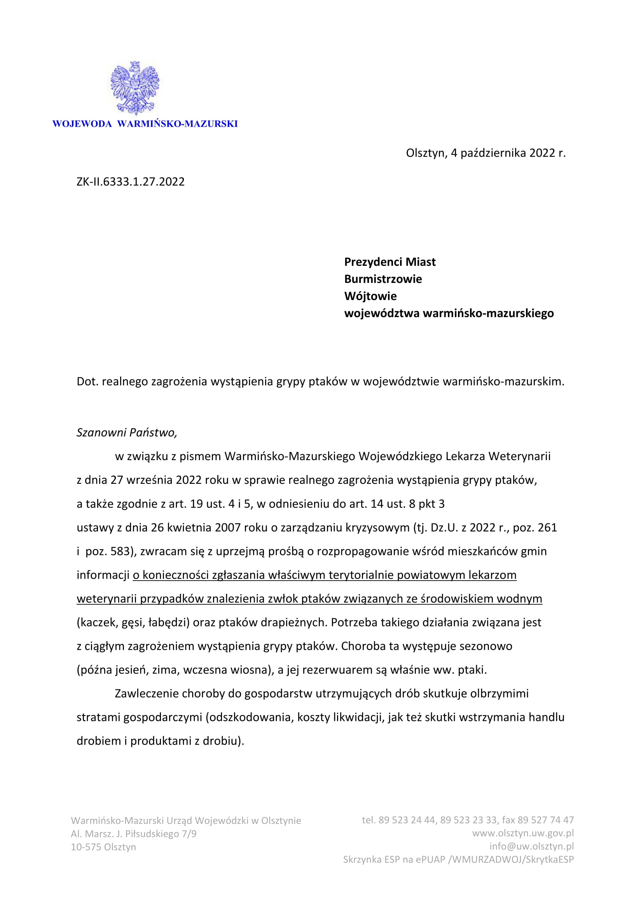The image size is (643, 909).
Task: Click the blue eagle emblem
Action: (135, 88)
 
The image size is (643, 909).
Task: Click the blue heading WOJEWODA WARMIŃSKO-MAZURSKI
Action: (145, 124)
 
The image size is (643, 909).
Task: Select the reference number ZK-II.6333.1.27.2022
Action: (131, 182)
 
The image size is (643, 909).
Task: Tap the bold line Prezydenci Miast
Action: (390, 262)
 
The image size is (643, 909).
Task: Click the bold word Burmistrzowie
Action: (383, 279)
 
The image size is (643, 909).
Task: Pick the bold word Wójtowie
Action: (370, 296)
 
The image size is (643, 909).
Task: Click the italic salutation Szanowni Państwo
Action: (126, 433)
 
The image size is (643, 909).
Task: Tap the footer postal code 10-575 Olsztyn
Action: (103, 847)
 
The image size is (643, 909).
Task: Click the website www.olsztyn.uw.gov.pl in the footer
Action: (522, 833)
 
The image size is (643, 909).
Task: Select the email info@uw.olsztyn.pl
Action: (531, 846)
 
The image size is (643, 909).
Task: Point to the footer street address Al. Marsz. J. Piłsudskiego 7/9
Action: (133, 834)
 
